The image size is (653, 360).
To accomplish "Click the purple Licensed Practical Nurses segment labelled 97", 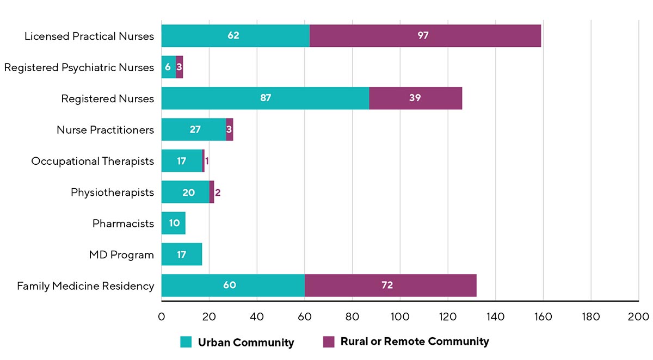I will click(x=425, y=36).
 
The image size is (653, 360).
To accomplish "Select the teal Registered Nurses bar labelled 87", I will click(x=265, y=98).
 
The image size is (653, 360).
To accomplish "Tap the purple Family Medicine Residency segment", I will click(x=390, y=285).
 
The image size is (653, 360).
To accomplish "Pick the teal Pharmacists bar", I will click(x=174, y=224).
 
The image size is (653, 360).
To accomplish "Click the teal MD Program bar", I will click(x=182, y=255).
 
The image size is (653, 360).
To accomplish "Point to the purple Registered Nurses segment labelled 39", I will click(x=415, y=98).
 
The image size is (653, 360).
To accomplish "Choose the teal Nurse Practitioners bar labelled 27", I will click(x=194, y=130).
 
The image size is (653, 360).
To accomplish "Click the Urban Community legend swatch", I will click(x=186, y=342).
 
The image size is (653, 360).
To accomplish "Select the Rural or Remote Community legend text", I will click(x=415, y=342).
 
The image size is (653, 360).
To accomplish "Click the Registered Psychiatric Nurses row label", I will click(x=79, y=67).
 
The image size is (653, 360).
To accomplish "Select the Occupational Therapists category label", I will click(x=93, y=161).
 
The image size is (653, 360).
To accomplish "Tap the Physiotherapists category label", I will click(x=112, y=193).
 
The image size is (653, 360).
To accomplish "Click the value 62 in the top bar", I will click(x=233, y=36).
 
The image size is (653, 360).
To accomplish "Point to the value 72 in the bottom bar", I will click(x=387, y=285).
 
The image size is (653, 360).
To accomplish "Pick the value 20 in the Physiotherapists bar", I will click(x=188, y=193).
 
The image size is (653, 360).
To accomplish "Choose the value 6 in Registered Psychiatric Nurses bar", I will click(x=168, y=67).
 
